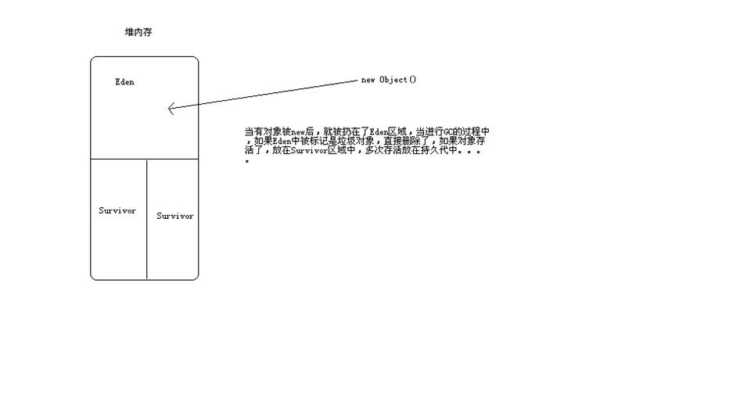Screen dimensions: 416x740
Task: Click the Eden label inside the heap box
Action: (x=124, y=81)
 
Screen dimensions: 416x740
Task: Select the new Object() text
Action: (x=389, y=80)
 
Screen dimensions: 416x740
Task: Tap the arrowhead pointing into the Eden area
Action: (x=171, y=109)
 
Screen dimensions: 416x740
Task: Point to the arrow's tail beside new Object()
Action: (x=355, y=81)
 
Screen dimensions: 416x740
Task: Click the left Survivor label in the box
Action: (x=117, y=210)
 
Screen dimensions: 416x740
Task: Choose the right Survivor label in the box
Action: (x=175, y=216)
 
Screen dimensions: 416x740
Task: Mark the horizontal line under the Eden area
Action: (x=145, y=159)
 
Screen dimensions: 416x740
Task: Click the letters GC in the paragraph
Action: (x=447, y=132)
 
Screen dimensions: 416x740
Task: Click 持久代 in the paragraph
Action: (x=437, y=151)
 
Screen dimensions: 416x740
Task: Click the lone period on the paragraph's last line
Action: (x=247, y=161)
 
